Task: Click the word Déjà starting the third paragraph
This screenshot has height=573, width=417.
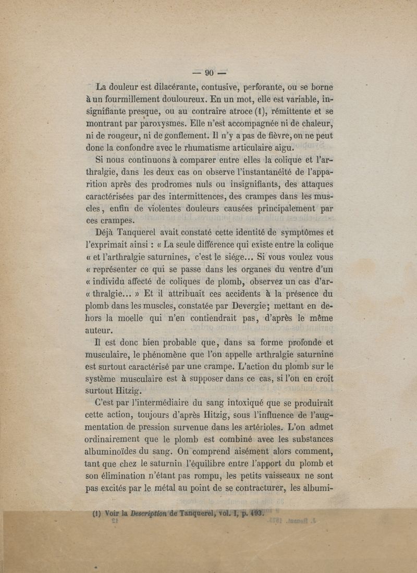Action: click(x=106, y=233)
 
